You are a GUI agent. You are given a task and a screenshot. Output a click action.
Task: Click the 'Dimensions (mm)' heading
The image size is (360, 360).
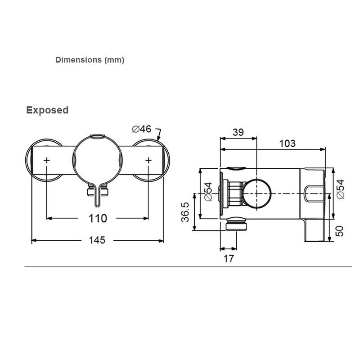90,60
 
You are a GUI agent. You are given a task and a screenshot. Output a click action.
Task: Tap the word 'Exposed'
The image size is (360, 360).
47,110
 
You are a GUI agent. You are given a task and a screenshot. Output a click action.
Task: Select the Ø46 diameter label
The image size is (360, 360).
142,129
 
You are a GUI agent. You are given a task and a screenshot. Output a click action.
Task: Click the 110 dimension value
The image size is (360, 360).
98,218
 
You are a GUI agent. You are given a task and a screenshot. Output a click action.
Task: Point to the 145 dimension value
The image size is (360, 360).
97,240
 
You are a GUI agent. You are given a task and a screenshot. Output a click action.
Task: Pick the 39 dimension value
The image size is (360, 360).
238,132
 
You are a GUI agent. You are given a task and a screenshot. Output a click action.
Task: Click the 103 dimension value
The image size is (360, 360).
287,144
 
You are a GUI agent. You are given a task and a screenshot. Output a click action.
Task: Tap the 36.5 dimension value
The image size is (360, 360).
185,212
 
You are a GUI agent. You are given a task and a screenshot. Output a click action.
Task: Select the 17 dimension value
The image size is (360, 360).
229,258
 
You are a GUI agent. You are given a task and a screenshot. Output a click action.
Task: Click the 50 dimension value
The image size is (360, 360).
340,231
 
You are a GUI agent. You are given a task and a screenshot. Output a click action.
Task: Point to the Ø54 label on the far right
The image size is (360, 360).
340,189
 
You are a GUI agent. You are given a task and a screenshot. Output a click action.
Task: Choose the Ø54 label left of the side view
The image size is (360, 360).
208,192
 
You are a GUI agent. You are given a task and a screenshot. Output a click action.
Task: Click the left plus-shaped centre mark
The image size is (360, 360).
47,160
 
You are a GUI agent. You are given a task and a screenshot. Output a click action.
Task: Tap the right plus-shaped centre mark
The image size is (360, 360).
148,160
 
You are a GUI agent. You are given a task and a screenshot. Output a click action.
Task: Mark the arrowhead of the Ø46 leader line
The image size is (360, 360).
158,139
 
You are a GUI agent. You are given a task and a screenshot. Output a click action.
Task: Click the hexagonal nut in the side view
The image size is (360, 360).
235,193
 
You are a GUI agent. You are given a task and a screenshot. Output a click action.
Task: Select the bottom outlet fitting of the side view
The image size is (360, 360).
237,224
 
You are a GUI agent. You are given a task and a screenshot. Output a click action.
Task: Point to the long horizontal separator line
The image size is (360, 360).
188,267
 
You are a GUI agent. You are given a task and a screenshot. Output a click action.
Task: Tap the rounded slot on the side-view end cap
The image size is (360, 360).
315,194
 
